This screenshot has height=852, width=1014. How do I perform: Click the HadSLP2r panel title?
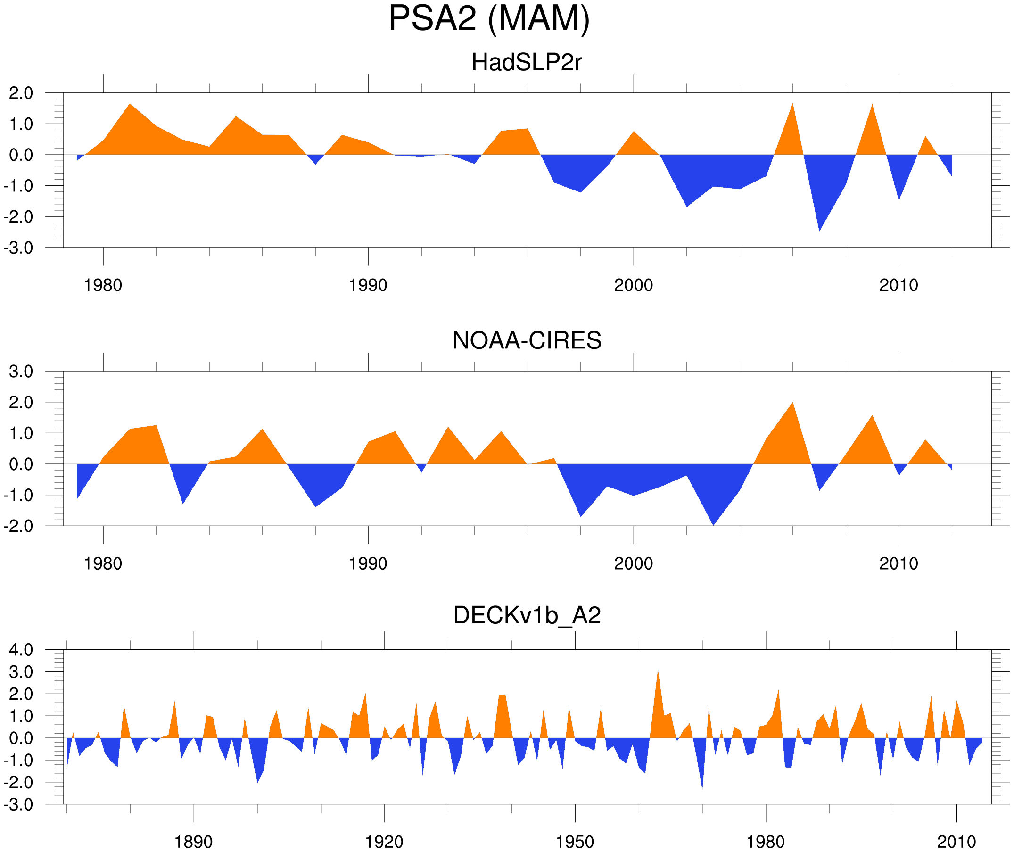pos(527,62)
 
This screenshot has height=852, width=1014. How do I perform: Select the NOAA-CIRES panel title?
pos(527,340)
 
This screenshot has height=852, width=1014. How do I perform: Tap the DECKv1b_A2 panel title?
pos(527,615)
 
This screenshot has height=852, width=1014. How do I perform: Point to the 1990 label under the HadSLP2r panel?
pos(368,285)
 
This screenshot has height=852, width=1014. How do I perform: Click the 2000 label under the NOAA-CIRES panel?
pos(633,563)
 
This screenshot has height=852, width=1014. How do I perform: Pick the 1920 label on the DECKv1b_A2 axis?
pos(384,842)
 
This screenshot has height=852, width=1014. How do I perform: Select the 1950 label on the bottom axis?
pos(575,842)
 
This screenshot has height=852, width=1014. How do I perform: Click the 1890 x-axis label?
pos(193,842)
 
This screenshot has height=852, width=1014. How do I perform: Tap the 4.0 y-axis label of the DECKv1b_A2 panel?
pos(21,650)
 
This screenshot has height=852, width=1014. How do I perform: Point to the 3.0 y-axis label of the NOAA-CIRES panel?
pos(21,372)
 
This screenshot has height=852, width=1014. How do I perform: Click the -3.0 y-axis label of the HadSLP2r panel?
pos(18,248)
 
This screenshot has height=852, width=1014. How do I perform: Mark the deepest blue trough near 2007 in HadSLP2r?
pos(819,227)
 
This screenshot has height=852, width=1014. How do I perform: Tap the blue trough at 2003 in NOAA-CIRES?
pos(713,521)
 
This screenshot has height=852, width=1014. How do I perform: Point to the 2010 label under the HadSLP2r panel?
pos(898,285)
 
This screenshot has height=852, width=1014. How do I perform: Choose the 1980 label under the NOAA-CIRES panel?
pos(103,563)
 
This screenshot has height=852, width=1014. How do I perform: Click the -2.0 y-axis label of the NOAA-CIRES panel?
pos(18,526)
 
